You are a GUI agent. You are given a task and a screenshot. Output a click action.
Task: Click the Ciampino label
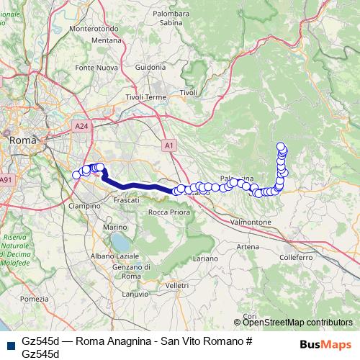[x=84, y=205]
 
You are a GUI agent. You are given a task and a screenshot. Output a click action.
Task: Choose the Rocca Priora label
[x=169, y=212]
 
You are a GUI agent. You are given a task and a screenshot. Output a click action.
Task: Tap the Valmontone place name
[x=249, y=222]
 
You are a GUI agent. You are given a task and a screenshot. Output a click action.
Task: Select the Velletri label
[x=176, y=286]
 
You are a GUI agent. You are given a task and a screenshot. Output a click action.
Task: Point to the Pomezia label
[x=35, y=298]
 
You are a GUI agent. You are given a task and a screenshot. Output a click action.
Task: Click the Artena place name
[x=247, y=247]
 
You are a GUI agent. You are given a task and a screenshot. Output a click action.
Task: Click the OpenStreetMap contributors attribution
[x=297, y=322]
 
